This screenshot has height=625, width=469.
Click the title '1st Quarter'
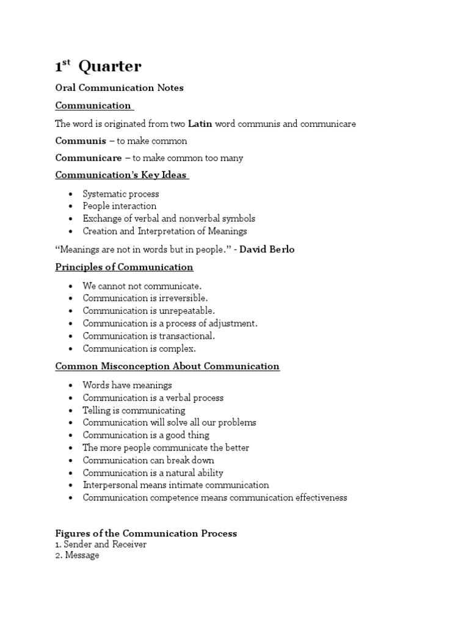click(98, 67)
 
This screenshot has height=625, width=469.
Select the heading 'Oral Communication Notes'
click(119, 88)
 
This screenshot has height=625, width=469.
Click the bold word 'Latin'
click(200, 124)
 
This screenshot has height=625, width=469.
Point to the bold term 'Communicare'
click(88, 158)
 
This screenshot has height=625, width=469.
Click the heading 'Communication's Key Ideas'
click(121, 175)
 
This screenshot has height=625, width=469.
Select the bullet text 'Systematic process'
click(121, 193)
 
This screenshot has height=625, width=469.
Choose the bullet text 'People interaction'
click(120, 206)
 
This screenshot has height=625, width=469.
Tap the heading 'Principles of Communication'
click(124, 267)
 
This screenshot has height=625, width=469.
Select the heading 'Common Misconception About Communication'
click(167, 366)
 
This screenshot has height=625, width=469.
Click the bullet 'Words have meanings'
click(127, 385)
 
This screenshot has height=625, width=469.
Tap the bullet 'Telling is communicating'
click(134, 410)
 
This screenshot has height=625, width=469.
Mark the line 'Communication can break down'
click(148, 460)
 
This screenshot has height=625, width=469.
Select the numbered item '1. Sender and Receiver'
click(101, 544)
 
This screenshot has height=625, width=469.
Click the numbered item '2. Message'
click(77, 556)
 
